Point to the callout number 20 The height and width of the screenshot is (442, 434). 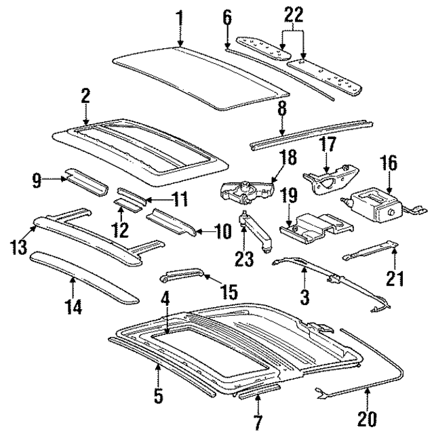coord(368,420)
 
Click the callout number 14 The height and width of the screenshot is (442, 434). coord(74,306)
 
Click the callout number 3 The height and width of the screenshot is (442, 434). coord(304,296)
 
